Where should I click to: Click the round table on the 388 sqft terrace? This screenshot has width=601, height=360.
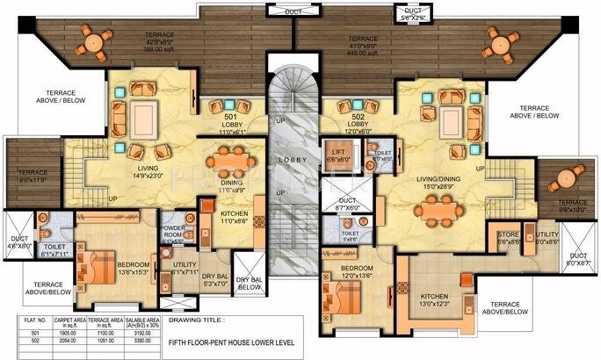[x=93, y=38]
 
